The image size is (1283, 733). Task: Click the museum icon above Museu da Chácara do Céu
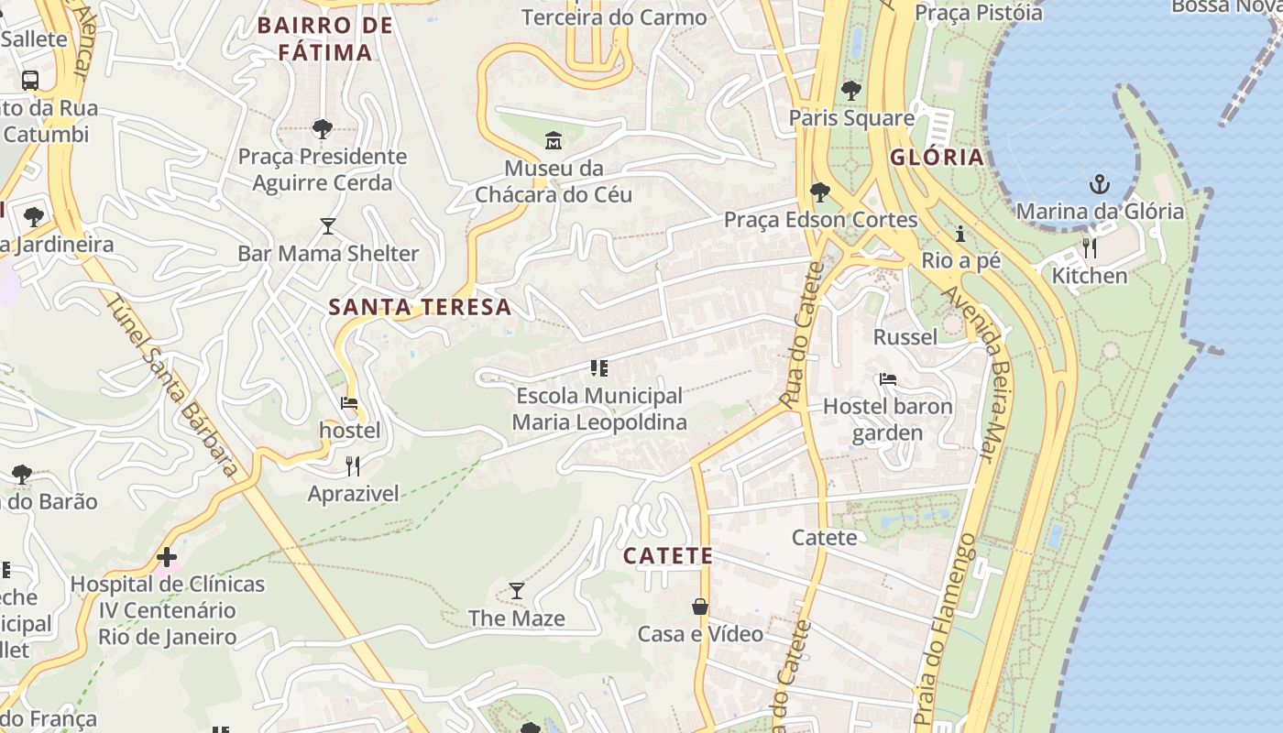click(x=554, y=141)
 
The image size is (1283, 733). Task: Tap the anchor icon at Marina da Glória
click(x=1099, y=184)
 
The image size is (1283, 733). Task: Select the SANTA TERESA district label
click(x=420, y=307)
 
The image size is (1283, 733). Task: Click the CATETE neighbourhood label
click(x=668, y=556)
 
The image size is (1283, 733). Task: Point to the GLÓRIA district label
click(x=937, y=157)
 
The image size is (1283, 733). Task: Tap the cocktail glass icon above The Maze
click(x=517, y=591)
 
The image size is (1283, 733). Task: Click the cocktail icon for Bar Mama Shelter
click(x=328, y=225)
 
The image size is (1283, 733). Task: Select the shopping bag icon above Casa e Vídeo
click(x=700, y=607)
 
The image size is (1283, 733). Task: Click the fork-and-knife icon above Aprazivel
click(x=353, y=466)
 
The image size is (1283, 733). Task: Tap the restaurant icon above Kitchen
click(x=1090, y=248)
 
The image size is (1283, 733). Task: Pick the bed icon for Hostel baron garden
click(x=887, y=378)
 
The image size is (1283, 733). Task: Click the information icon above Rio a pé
click(x=960, y=234)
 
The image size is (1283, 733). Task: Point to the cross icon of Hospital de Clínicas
click(x=167, y=556)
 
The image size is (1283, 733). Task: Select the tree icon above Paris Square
click(x=851, y=91)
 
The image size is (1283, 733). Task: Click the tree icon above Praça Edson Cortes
click(x=820, y=192)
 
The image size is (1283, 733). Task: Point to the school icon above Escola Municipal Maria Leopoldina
click(x=599, y=368)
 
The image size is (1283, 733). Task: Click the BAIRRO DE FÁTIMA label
click(x=325, y=38)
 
